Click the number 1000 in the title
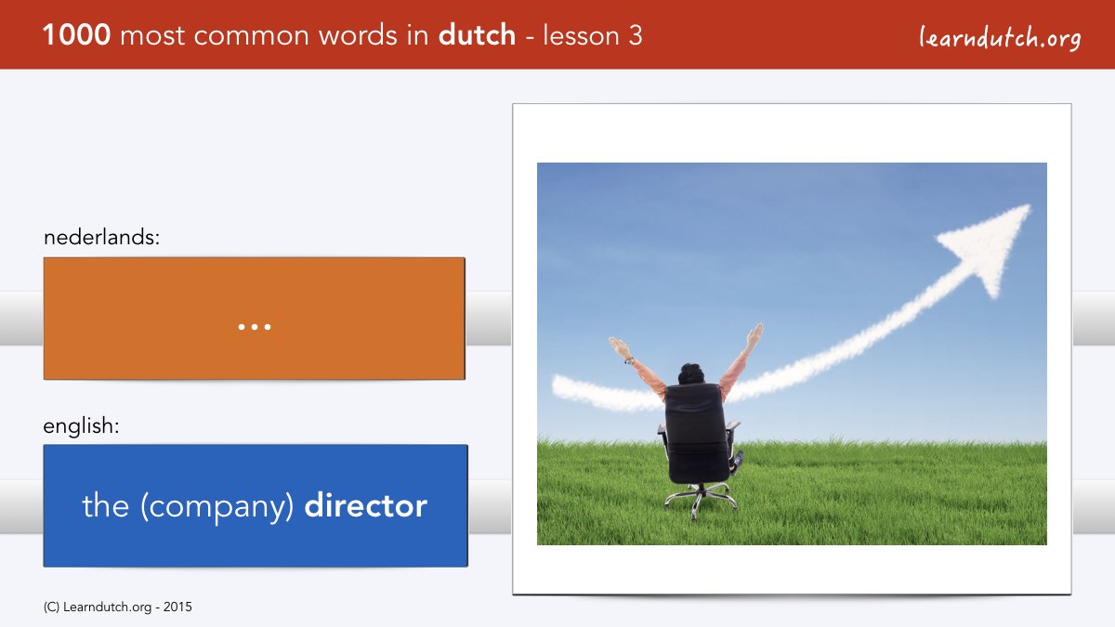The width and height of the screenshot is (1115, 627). coord(76,35)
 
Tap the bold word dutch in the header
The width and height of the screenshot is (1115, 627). coord(477,35)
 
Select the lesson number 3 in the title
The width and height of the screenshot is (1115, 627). coord(636,35)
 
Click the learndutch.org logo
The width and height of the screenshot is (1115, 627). coord(1000,38)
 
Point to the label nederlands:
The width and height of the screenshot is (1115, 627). coord(101,237)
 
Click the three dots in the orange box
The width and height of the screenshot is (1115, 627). coord(255,327)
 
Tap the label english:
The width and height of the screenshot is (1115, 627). coord(81,426)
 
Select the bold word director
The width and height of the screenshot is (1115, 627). coord(366,505)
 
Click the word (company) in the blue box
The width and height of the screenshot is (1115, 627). coord(216,507)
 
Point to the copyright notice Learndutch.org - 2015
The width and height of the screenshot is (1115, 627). coord(117,607)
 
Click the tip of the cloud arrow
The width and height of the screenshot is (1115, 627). coord(1029,205)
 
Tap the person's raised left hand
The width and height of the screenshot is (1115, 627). coord(619,346)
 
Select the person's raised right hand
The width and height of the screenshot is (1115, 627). coord(755,335)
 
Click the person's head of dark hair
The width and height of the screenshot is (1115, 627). coord(691,373)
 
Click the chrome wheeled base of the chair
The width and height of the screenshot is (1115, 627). coord(701,499)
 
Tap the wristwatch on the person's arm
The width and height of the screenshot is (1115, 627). coord(629,360)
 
